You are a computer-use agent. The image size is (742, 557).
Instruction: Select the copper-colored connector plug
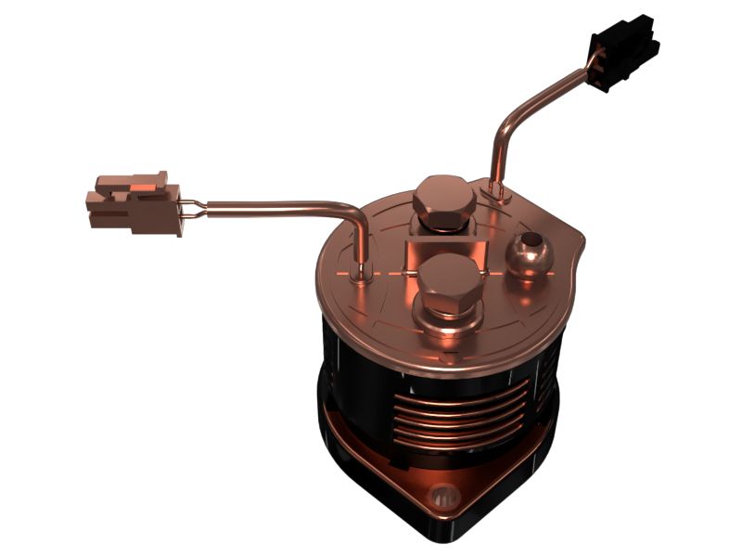(x=134, y=201)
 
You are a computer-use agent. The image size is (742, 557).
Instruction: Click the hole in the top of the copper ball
(x=530, y=242)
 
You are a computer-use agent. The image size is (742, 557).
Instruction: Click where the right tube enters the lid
(x=494, y=191)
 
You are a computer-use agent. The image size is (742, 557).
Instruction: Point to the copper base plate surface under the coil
(x=390, y=469)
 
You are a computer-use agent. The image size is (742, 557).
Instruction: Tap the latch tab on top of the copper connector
(x=148, y=178)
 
